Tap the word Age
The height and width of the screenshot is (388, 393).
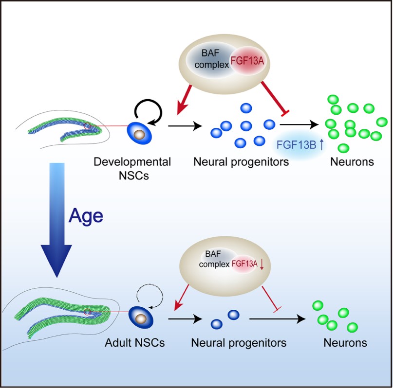tap(86, 215)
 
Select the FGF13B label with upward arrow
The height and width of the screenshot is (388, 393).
tap(300, 144)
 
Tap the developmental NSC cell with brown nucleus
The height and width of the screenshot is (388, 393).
tap(139, 133)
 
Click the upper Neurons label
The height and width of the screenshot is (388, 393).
tap(352, 162)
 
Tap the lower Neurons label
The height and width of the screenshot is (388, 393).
tap(345, 343)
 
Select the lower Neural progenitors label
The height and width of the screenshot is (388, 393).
tap(238, 343)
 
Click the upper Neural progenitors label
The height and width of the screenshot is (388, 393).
tap(241, 162)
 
